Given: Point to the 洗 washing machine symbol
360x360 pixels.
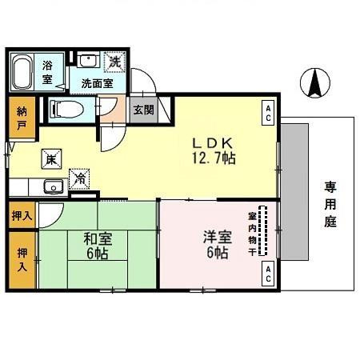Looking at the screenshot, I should [115, 61].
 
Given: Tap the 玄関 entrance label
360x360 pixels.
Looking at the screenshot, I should [142, 110].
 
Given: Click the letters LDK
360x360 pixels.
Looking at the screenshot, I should [212, 142].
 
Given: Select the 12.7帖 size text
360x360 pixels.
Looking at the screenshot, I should [212, 158].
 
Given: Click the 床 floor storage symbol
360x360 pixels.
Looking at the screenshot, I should [50, 158].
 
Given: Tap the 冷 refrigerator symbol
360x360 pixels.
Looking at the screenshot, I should [80, 179].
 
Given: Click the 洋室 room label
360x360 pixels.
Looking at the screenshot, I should [214, 237].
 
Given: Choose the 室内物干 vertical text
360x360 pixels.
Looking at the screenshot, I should [252, 232].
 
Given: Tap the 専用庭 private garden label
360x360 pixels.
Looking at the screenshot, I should [330, 205].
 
